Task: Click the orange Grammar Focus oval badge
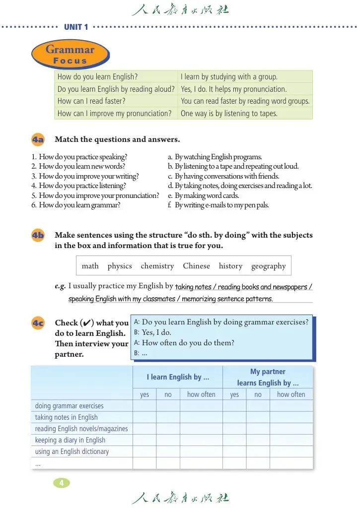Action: (70, 55)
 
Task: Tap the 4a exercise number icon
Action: (38, 140)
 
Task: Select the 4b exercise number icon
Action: (38, 236)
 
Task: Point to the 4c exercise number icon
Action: (38, 323)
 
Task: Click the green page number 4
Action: (61, 483)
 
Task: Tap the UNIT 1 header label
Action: (76, 27)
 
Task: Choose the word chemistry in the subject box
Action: (157, 266)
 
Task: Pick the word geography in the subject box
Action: (268, 266)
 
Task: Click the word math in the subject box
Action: (90, 266)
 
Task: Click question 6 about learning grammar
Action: (76, 205)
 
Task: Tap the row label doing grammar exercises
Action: (69, 406)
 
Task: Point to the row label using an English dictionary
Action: (72, 451)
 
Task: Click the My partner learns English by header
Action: (268, 377)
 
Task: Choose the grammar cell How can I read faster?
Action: (91, 101)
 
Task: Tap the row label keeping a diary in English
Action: (70, 440)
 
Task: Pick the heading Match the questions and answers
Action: (117, 139)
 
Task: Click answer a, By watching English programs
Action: (215, 157)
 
